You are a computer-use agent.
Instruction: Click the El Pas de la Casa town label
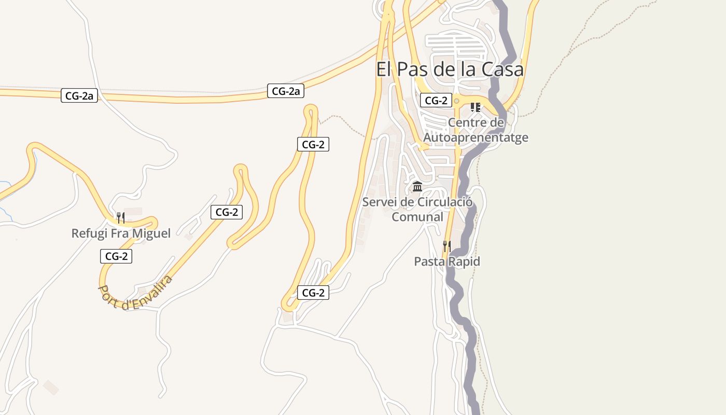coord(450,69)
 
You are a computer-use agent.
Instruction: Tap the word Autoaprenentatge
coord(476,137)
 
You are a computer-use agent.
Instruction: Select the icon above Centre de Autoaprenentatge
coord(475,107)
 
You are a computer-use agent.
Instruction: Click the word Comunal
coord(417,217)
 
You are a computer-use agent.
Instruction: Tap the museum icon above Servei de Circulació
coord(417,186)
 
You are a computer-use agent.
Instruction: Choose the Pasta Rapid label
coord(446,261)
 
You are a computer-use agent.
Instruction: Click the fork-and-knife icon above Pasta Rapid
coord(446,246)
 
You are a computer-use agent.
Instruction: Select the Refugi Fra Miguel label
coord(121,233)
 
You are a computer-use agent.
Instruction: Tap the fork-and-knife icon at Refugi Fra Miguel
coord(120,217)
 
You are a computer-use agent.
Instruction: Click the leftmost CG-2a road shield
coord(79,95)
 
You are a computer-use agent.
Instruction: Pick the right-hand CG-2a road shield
coord(286,91)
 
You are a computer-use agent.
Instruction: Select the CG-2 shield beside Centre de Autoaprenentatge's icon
coord(436,101)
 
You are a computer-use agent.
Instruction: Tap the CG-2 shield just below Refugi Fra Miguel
coord(116,256)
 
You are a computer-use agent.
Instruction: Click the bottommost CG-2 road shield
coord(313,293)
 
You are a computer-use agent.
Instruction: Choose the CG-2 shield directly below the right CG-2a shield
coord(313,144)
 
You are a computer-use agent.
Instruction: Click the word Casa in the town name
coord(502,69)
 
